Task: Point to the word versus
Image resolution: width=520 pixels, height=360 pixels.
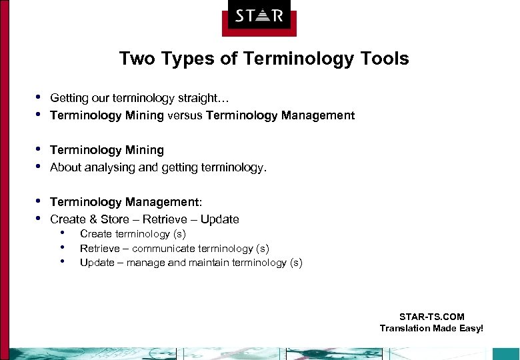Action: click(185, 116)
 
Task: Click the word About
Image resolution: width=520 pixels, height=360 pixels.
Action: click(65, 168)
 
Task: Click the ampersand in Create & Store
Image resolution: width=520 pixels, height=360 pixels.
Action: click(91, 219)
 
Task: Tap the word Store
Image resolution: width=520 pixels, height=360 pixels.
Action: click(111, 219)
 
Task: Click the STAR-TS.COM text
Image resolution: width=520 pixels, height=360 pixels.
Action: click(431, 317)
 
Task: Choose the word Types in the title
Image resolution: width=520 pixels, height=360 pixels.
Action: click(189, 59)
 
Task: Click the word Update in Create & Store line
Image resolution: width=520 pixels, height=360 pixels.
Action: click(221, 219)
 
